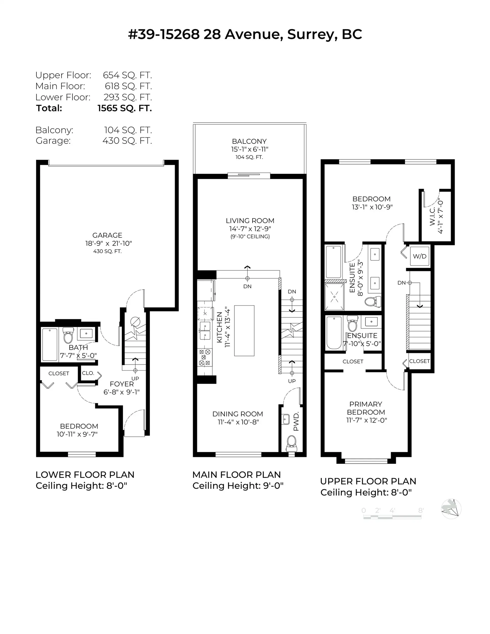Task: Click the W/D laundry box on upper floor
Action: coord(419,256)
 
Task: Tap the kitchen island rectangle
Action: coord(244,330)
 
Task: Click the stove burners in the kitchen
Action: coord(204,357)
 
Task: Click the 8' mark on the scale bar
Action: coord(421,510)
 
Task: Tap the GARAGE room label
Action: coord(107,235)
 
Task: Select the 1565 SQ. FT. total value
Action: coord(125,108)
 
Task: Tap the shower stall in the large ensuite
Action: coord(334,297)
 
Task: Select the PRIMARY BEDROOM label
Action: coord(366,408)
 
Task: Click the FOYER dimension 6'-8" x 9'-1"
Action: coord(121,392)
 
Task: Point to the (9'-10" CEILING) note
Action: coord(250,237)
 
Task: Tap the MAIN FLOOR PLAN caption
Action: coord(236,475)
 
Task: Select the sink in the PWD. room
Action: coord(286,419)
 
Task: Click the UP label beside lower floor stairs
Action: coord(135,379)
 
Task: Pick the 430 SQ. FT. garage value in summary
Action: coord(127,141)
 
